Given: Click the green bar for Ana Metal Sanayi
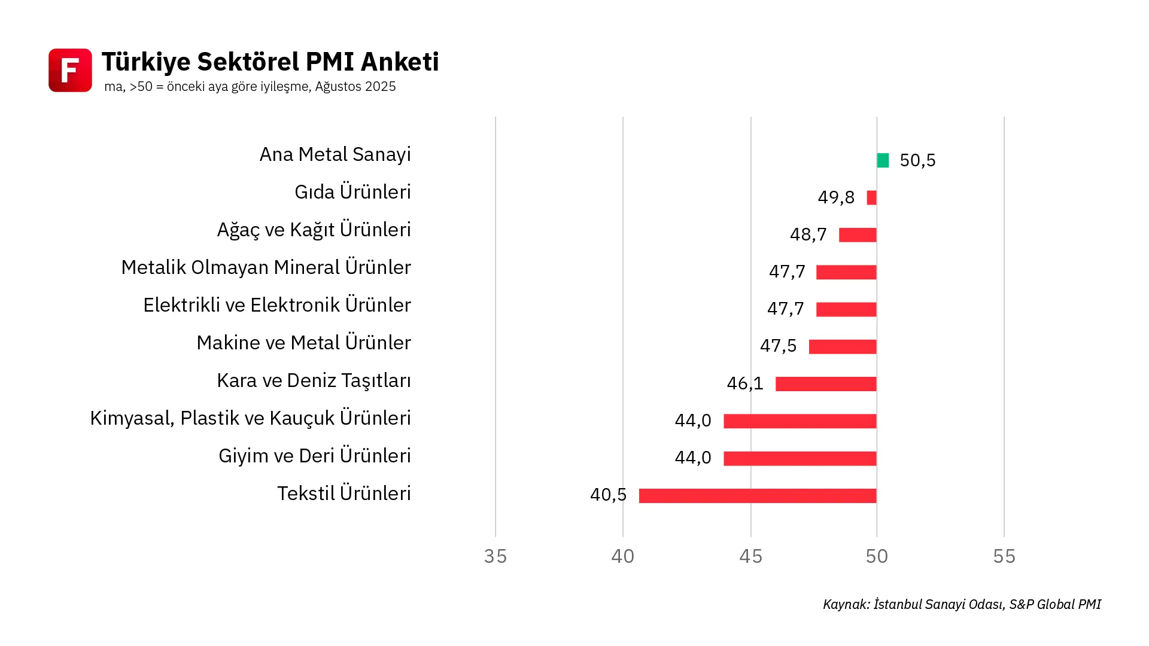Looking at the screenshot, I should click(883, 160).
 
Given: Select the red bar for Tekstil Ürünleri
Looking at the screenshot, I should click(758, 496).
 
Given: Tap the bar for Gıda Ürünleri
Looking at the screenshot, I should click(871, 197).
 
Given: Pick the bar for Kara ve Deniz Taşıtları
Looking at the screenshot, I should click(826, 384).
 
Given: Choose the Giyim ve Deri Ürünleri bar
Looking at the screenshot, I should click(800, 459).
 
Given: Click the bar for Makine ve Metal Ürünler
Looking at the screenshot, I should click(843, 347).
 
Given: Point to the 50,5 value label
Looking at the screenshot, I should click(917, 160).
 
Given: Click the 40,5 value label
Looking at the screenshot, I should click(608, 495).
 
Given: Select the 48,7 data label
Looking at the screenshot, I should click(808, 234).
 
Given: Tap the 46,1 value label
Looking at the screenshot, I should click(745, 383).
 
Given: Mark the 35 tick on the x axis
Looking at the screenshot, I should click(496, 556).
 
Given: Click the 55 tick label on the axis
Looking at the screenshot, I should click(1004, 556).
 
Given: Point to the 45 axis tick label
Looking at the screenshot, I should click(750, 556).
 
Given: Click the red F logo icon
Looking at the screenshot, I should click(70, 70).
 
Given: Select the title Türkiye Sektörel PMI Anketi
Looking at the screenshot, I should click(270, 62).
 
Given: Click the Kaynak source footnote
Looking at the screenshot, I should click(962, 604).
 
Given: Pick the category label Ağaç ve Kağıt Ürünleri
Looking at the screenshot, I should click(314, 230).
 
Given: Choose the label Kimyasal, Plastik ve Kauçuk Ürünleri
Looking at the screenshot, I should click(250, 418).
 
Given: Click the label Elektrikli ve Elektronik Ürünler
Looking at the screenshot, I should click(277, 305).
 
